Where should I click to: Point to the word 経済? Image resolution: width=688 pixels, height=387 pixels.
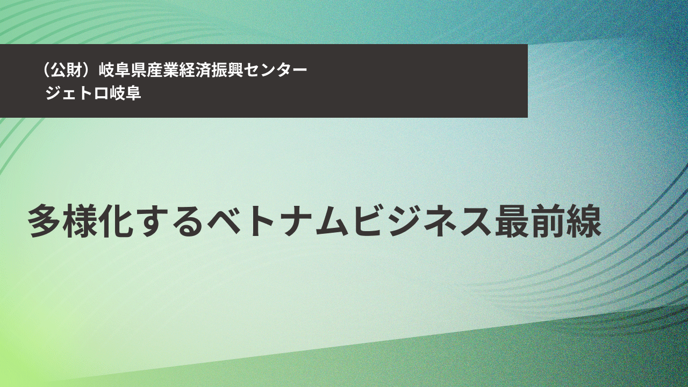[195, 70]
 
